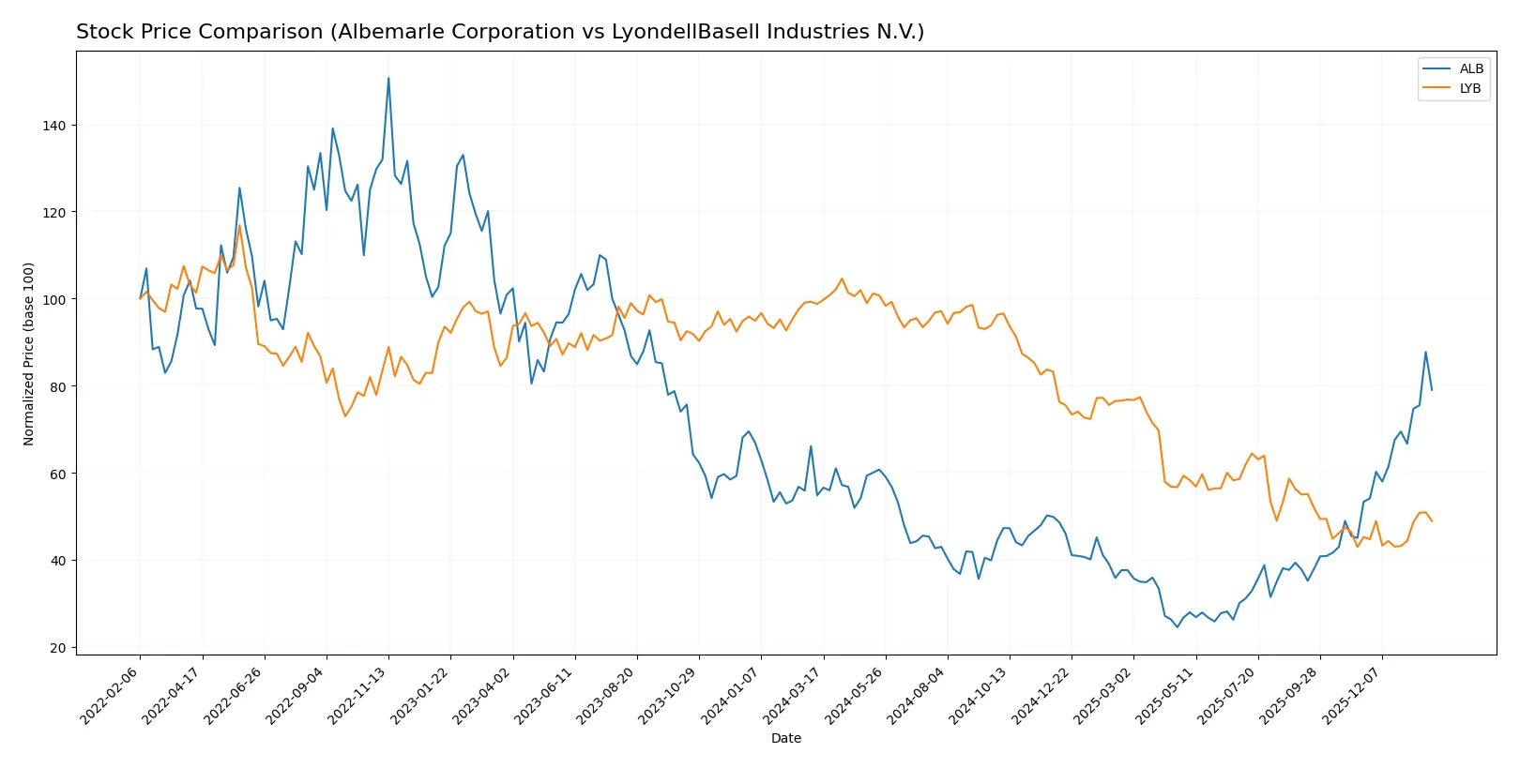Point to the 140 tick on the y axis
[55, 125]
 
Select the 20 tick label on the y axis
[59, 648]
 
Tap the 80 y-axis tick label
[59, 386]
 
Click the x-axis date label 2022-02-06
[110, 696]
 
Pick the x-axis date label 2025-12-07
[1352, 696]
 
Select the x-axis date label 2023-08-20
[607, 696]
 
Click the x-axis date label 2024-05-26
[855, 696]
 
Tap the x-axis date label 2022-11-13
[358, 696]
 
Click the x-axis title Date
[785, 738]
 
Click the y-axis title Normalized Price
[29, 354]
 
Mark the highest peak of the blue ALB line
[388, 78]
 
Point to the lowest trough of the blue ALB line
[1177, 626]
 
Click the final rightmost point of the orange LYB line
[1432, 520]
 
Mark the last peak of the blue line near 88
[1425, 353]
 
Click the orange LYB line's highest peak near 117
[239, 225]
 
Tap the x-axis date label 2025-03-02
[1103, 696]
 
